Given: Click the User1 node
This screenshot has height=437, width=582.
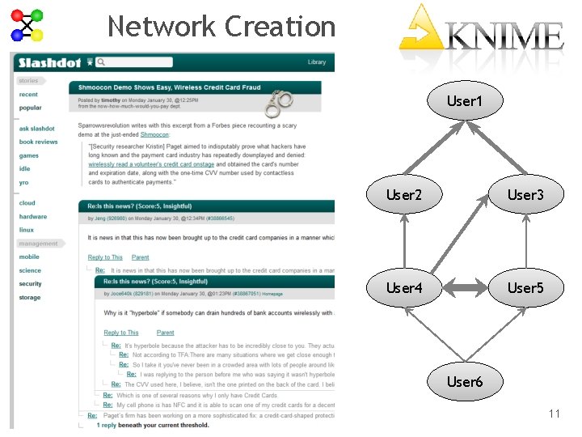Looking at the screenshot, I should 464,101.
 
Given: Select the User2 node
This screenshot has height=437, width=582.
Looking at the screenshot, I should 403,194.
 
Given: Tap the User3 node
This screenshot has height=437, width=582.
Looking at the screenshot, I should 525,194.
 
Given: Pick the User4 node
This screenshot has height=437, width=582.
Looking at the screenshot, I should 403,288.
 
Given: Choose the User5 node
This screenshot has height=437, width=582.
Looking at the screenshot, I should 525,288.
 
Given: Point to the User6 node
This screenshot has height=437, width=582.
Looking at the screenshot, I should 464,381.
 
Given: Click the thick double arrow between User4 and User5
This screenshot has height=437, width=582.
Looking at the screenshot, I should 464,288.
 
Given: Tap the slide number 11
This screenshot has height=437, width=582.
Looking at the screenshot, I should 554,414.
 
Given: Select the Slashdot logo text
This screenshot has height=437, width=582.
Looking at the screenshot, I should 49,62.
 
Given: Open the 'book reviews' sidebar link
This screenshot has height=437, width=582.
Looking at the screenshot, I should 39,142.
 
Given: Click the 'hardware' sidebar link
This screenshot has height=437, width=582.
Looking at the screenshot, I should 33,217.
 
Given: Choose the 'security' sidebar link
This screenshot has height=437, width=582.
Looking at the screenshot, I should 31,284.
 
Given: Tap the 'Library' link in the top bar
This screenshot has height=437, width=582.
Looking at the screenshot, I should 317,62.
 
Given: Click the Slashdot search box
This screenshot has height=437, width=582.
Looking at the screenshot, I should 120,62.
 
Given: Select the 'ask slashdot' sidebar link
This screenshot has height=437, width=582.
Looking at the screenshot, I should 37,129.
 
